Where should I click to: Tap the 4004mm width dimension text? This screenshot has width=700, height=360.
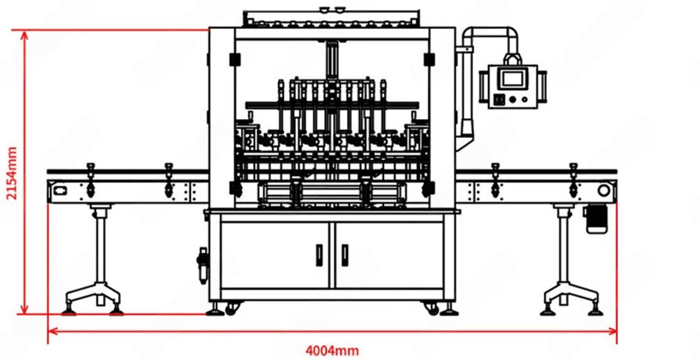[332, 350]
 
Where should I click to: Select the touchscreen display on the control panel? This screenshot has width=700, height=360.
[512, 78]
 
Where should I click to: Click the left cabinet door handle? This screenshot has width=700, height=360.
[319, 255]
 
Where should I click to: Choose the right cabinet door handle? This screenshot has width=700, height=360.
[345, 255]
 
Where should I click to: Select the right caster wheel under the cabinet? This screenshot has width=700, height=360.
[432, 309]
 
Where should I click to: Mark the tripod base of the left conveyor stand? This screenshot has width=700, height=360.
[93, 299]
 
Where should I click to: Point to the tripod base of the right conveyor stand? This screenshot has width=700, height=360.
[571, 299]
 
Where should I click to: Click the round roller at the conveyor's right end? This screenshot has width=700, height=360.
[604, 190]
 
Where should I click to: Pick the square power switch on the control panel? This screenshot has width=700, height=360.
[499, 100]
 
